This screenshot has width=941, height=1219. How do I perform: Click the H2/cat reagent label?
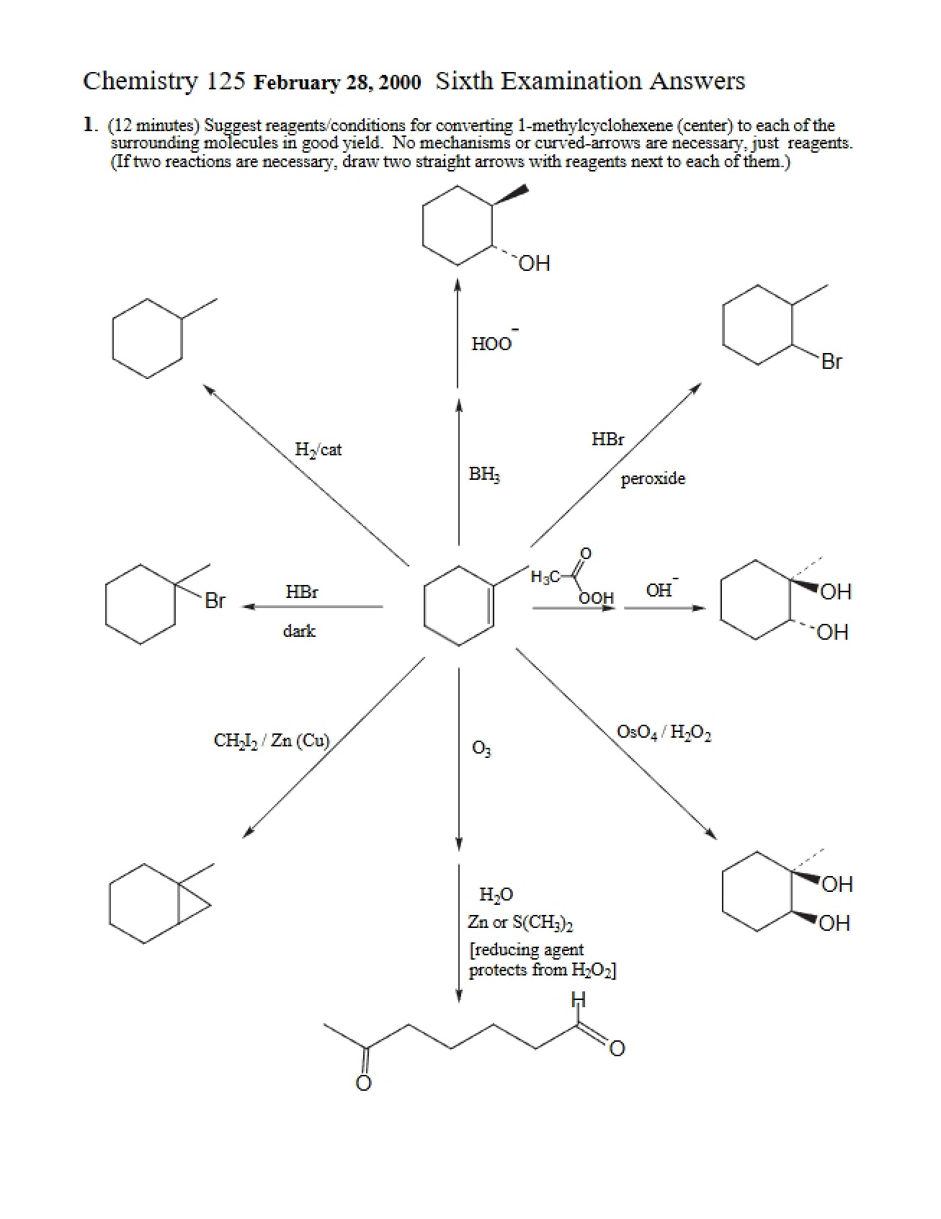pyautogui.click(x=318, y=450)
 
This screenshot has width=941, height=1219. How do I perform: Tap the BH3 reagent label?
pyautogui.click(x=484, y=474)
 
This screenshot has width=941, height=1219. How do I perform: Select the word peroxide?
pyautogui.click(x=653, y=478)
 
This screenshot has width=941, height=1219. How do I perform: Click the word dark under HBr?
pyautogui.click(x=299, y=631)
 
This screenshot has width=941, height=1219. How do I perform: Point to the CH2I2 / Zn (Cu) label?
pyautogui.click(x=272, y=741)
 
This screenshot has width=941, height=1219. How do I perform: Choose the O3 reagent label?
pyautogui.click(x=481, y=749)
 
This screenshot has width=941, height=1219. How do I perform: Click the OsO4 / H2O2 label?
pyautogui.click(x=664, y=733)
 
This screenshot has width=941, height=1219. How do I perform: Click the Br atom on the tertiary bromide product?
pyautogui.click(x=215, y=600)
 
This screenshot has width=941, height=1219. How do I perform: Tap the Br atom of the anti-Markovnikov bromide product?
pyautogui.click(x=831, y=362)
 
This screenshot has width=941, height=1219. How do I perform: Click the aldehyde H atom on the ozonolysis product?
pyautogui.click(x=578, y=1000)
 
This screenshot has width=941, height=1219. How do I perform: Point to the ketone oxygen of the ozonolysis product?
pyautogui.click(x=364, y=1082)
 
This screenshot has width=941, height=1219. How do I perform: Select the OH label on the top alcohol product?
pyautogui.click(x=534, y=264)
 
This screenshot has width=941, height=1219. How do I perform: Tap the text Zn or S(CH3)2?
pyautogui.click(x=520, y=923)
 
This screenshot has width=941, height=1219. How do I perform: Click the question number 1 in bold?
pyautogui.click(x=89, y=124)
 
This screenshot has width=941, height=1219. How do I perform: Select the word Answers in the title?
pyautogui.click(x=697, y=81)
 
